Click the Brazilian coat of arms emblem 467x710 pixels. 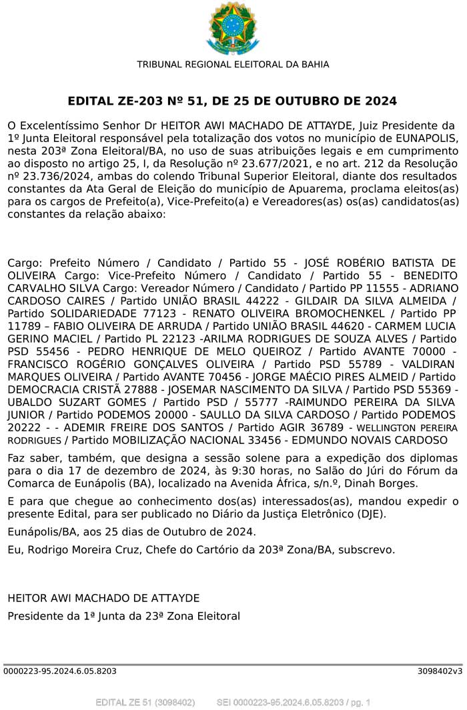click(x=233, y=27)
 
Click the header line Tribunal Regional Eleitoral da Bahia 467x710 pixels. click(x=233, y=64)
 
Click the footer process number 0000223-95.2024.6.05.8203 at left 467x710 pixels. click(x=60, y=671)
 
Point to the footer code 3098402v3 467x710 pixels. click(x=440, y=671)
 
